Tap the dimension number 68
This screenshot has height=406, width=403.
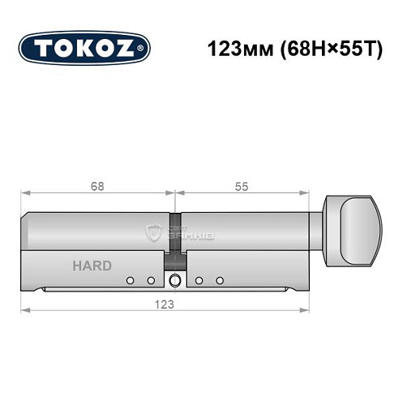[96, 186]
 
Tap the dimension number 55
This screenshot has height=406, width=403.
[242, 186]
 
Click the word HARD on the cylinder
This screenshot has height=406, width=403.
[92, 266]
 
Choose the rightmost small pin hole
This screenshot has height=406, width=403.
[220, 281]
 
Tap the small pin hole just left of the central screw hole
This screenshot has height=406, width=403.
[151, 281]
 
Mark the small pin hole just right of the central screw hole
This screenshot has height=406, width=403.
[199, 281]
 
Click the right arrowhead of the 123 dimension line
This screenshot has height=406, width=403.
[308, 310]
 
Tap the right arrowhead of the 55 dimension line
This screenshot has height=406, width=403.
[308, 194]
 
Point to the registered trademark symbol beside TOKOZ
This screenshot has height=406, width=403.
[144, 48]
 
